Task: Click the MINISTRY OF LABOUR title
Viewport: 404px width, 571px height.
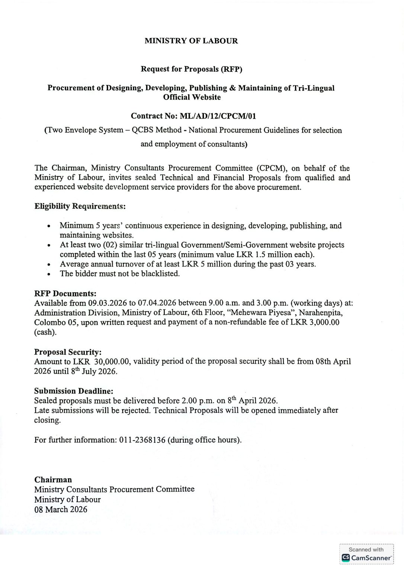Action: point(191,41)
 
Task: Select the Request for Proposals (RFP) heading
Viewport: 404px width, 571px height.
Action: point(191,69)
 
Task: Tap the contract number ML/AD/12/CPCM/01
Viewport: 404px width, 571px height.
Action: point(218,116)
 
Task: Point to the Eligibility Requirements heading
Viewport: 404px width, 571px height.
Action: point(80,206)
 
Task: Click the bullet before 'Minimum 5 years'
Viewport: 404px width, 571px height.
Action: point(49,226)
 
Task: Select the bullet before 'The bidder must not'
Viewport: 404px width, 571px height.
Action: point(49,274)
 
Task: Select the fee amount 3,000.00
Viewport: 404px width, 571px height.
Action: point(324,322)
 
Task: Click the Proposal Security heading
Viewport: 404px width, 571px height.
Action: point(68,352)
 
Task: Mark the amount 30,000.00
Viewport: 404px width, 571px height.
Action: point(112,362)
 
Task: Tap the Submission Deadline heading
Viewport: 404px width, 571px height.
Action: point(74,391)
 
